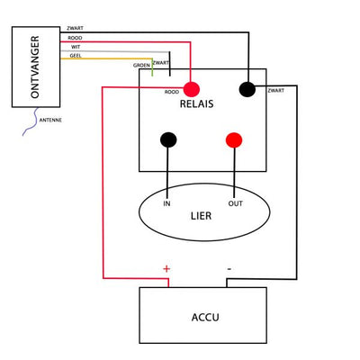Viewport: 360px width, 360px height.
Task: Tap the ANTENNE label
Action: point(51,119)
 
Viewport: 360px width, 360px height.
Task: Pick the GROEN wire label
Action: point(141,65)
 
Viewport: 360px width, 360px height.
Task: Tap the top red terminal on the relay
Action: point(192,88)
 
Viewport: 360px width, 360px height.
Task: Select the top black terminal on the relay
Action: point(247,88)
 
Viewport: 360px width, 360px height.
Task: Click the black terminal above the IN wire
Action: point(168,139)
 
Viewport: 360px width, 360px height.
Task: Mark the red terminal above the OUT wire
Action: point(234,139)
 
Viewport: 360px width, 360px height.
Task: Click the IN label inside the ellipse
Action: point(166,203)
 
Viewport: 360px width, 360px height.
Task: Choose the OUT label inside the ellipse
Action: point(236,203)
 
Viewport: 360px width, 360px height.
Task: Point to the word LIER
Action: point(202,217)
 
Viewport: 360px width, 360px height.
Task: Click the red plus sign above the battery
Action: point(166,268)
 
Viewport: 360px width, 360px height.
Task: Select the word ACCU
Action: point(203,317)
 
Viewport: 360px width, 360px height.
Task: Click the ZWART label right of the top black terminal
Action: point(276,91)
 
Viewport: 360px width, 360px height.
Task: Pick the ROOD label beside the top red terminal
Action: point(172,91)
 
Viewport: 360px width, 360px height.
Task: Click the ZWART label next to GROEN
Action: point(161,63)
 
